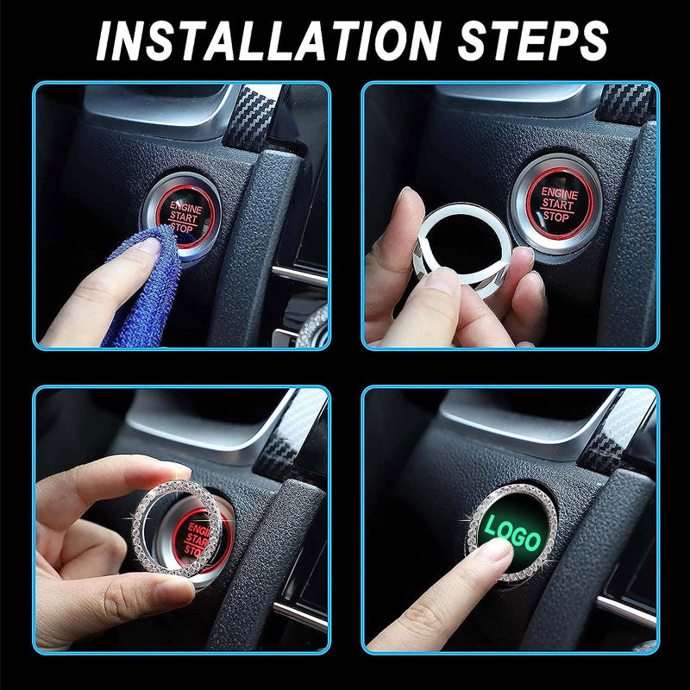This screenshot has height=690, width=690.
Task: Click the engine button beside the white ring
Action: (552, 201)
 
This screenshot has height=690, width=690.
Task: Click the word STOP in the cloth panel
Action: (184, 229)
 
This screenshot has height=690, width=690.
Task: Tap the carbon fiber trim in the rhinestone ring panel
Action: (285, 440)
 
